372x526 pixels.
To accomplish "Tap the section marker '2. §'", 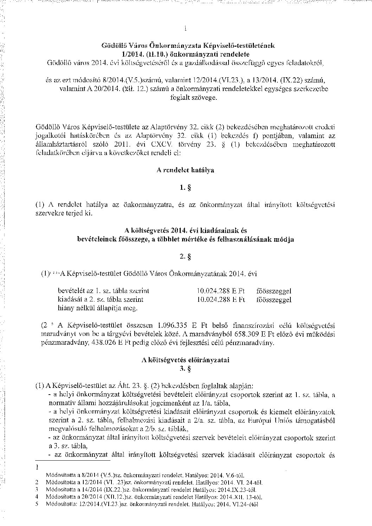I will pos(185,257).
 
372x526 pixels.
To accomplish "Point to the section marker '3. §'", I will pos(185,369).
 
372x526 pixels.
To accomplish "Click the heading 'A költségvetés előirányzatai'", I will pos(185,360).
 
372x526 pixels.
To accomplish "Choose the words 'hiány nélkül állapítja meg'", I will pos(97,309).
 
